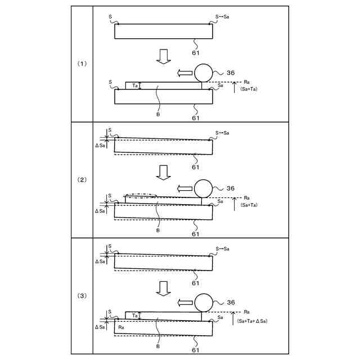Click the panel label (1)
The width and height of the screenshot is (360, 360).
82,64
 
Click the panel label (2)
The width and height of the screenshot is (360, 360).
82,179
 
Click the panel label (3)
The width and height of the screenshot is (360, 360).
82,296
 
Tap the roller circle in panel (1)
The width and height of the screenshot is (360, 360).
203,73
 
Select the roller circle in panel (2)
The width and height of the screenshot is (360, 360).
203,188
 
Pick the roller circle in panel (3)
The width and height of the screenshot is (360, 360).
203,303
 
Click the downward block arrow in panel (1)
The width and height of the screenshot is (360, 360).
163,56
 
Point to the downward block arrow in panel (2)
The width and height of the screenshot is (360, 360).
163,172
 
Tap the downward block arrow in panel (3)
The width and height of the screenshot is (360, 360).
163,287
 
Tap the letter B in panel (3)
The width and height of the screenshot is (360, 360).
158,342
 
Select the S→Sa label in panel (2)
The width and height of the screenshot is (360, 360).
222,133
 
